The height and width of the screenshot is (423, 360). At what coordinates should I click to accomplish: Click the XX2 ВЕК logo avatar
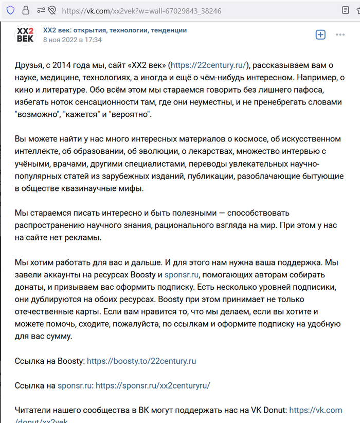(25, 34)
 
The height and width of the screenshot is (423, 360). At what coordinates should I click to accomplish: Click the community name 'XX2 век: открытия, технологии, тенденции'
(115, 30)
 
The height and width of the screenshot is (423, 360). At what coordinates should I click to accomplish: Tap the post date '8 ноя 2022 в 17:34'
(72, 40)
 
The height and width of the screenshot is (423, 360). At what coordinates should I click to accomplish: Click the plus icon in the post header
(320, 34)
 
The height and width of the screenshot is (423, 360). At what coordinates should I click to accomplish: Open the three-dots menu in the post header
(340, 34)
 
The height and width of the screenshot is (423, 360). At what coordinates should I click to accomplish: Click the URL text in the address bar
(141, 10)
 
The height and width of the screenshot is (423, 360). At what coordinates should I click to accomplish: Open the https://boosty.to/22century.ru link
(141, 361)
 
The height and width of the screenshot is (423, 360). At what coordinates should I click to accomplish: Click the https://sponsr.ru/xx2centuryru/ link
(153, 385)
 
